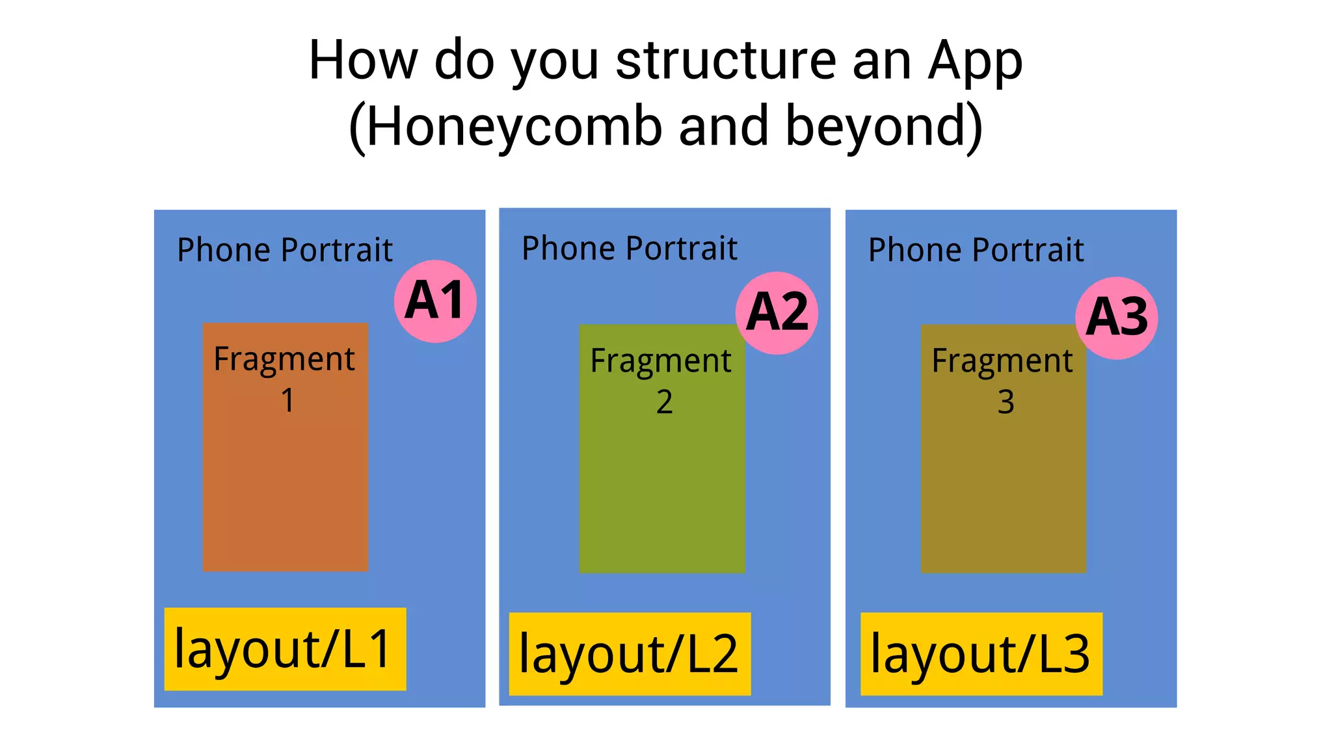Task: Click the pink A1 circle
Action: [x=435, y=301]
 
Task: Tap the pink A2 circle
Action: [x=777, y=313]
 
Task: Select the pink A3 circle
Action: [x=1117, y=318]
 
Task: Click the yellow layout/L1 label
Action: [x=285, y=649]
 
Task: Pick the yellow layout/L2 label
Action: [x=630, y=654]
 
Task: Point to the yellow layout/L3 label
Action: [x=981, y=654]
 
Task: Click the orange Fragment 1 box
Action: [x=285, y=482]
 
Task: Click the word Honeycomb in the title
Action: [x=514, y=127]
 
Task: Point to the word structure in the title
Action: [x=725, y=61]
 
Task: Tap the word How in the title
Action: [x=363, y=61]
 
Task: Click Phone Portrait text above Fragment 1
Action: [x=285, y=250]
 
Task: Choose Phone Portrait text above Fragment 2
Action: [x=630, y=249]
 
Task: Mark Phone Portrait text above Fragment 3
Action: [x=976, y=250]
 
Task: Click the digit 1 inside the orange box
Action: [x=287, y=400]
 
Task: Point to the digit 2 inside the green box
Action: [x=664, y=402]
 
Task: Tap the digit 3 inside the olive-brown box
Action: [x=1006, y=402]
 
